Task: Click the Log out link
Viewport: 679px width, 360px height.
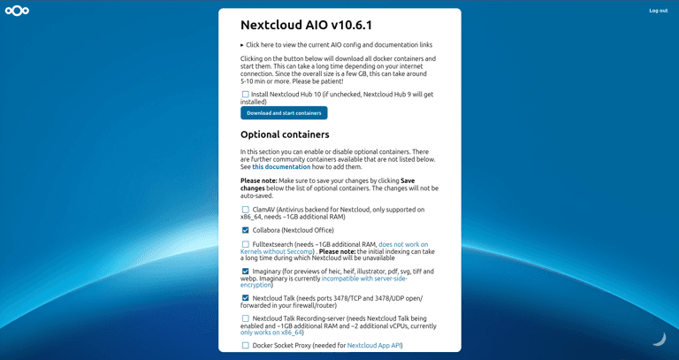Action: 658,11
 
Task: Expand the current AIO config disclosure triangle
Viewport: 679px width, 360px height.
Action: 242,44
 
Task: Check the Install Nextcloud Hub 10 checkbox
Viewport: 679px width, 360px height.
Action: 246,94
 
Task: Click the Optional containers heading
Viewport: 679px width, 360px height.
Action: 285,134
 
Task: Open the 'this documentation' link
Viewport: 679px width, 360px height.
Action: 281,166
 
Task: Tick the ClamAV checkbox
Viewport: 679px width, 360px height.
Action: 246,210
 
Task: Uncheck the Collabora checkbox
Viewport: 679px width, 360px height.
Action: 246,230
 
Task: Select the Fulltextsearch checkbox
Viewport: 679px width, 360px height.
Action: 246,244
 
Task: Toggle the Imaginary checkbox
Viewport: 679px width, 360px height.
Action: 246,271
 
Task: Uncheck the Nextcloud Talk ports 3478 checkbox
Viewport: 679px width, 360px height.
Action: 246,298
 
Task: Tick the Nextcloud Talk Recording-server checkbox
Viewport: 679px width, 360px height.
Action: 246,318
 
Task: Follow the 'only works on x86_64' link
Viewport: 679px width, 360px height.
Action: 272,333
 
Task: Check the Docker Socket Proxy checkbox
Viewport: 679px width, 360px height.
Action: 246,345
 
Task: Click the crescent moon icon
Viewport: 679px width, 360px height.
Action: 659,338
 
